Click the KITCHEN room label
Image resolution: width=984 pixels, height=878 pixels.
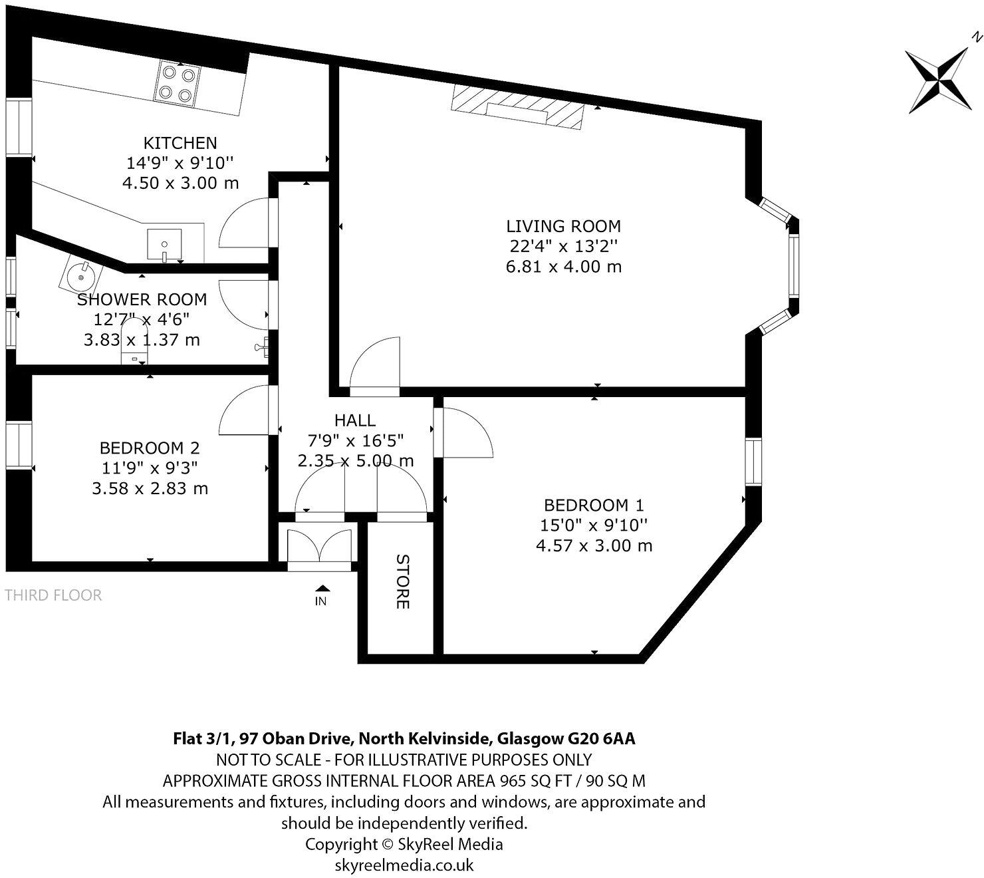[x=180, y=143]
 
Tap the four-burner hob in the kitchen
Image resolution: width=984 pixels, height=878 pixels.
[x=178, y=82]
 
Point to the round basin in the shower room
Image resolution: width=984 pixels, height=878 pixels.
[x=81, y=274]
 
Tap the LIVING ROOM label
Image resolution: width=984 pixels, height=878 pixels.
[x=563, y=226]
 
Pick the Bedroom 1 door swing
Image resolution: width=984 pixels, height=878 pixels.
[x=465, y=432]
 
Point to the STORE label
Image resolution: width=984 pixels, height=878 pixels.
[x=402, y=581]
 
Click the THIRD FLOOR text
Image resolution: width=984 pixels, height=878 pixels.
[x=53, y=595]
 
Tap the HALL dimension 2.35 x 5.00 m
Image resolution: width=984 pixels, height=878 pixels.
[x=356, y=460]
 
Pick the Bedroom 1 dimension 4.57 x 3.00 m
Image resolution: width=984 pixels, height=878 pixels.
[x=594, y=545]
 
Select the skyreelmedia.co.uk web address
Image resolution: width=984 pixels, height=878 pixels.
[x=404, y=865]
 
